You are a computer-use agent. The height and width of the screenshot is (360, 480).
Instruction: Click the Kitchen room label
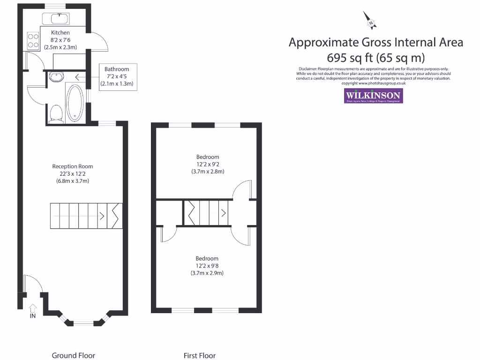pyautogui.click(x=60, y=33)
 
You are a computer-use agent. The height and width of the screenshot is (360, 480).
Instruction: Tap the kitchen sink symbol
pyautogui.click(x=56, y=19)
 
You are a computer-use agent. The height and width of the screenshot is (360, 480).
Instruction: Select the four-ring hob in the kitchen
pyautogui.click(x=33, y=40)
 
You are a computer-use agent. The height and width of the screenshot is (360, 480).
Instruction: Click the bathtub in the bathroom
pyautogui.click(x=75, y=102)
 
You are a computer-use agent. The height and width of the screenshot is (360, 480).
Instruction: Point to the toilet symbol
pyautogui.click(x=56, y=113)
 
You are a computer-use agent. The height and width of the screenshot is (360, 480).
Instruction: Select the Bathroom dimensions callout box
pyautogui.click(x=117, y=77)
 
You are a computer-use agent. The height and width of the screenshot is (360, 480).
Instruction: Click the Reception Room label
pyautogui.click(x=73, y=166)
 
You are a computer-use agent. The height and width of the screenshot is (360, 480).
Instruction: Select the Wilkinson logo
pyautogui.click(x=373, y=96)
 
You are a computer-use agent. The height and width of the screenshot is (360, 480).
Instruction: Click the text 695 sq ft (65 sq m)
pyautogui.click(x=375, y=58)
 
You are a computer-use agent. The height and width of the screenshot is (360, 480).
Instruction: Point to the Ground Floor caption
pyautogui.click(x=73, y=355)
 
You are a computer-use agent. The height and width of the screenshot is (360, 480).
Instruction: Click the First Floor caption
pyautogui.click(x=199, y=355)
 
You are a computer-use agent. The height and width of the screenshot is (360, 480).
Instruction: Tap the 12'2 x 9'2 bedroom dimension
pyautogui.click(x=207, y=164)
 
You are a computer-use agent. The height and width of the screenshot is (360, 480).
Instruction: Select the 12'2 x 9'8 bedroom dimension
pyautogui.click(x=207, y=266)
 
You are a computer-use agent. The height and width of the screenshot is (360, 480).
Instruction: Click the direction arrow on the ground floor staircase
pyautogui.click(x=101, y=216)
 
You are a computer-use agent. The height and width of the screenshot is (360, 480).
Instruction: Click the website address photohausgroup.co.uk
pyautogui.click(x=382, y=83)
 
